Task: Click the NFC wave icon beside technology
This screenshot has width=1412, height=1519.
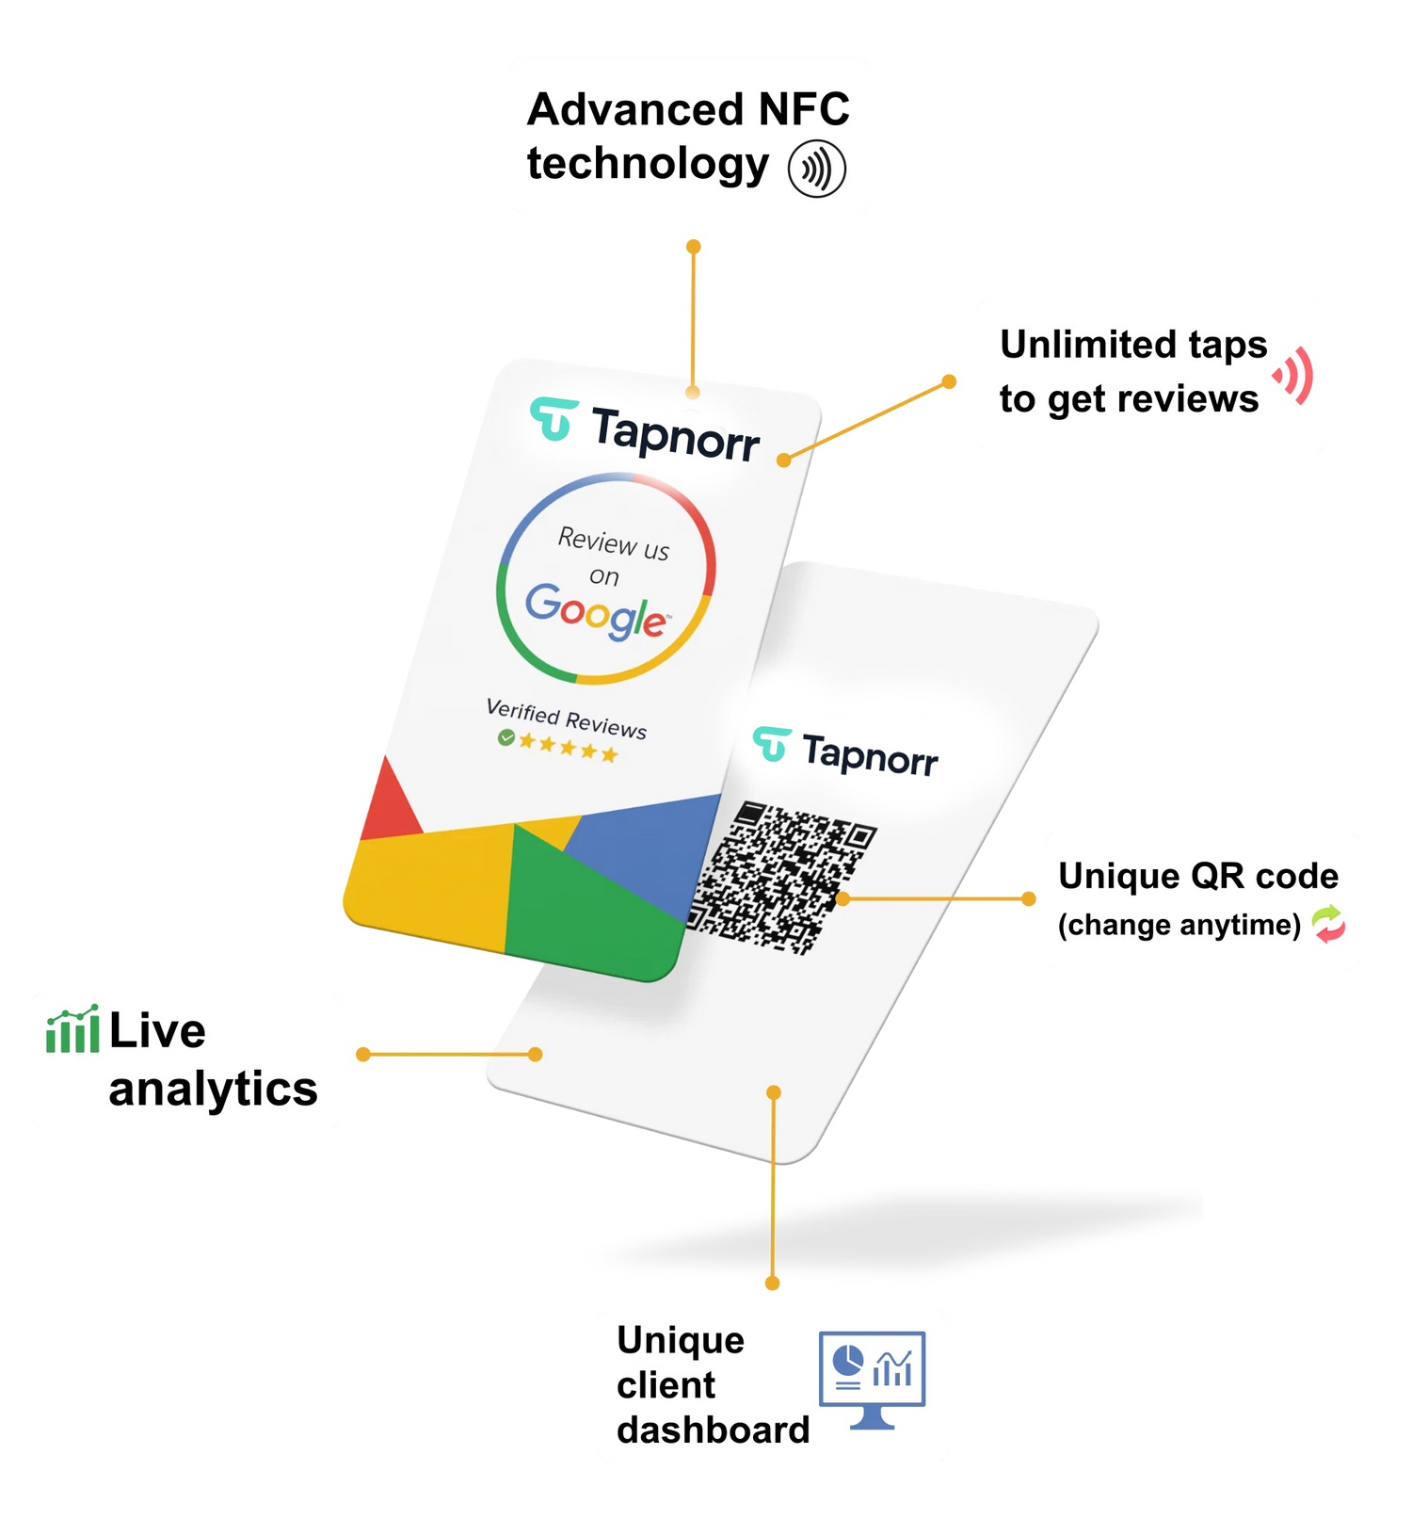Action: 816,170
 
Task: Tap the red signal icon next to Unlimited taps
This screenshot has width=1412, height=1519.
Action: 1294,375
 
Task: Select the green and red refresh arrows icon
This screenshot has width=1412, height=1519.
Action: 1328,924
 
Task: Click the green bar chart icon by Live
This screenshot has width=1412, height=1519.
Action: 72,1029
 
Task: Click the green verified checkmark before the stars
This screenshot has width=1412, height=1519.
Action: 506,737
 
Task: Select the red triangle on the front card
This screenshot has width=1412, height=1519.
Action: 386,803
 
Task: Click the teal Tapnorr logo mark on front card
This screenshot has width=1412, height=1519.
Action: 554,418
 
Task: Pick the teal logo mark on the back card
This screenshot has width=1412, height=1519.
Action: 771,744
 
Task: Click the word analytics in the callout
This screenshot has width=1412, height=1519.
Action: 213,1090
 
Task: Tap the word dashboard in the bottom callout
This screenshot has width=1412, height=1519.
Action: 713,1430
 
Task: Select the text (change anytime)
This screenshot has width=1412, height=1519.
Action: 1179,925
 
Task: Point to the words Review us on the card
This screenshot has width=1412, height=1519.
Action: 613,543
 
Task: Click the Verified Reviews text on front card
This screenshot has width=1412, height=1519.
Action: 566,719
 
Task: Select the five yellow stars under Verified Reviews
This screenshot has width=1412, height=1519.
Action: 569,748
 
